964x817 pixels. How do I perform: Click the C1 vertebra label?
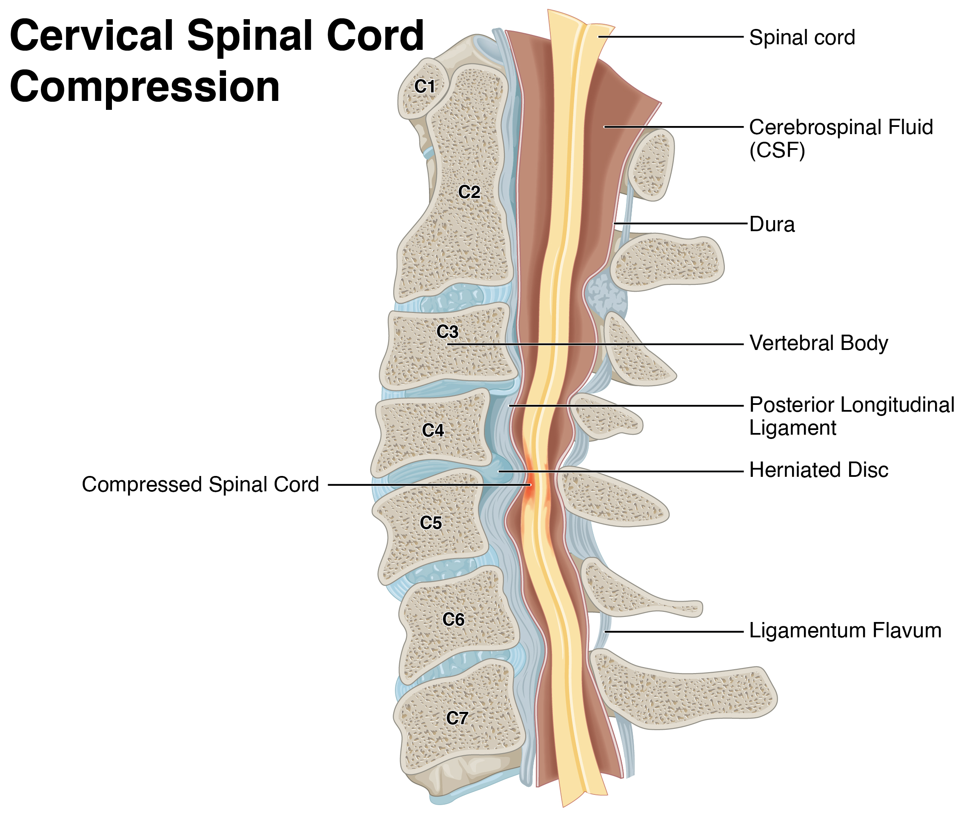point(424,86)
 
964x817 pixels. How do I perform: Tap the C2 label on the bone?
point(469,192)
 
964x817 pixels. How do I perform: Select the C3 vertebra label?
point(447,332)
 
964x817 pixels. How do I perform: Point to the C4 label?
point(432,430)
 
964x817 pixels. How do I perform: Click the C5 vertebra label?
point(430,523)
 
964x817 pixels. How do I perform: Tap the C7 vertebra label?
point(457,718)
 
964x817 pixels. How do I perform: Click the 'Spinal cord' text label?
point(801,37)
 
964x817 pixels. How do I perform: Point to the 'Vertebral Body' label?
point(818,343)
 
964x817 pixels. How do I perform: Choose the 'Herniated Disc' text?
point(818,470)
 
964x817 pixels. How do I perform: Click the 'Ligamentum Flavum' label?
point(844,631)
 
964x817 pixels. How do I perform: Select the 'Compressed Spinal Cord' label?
point(200,484)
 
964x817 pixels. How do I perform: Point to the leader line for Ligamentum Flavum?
point(671,631)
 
